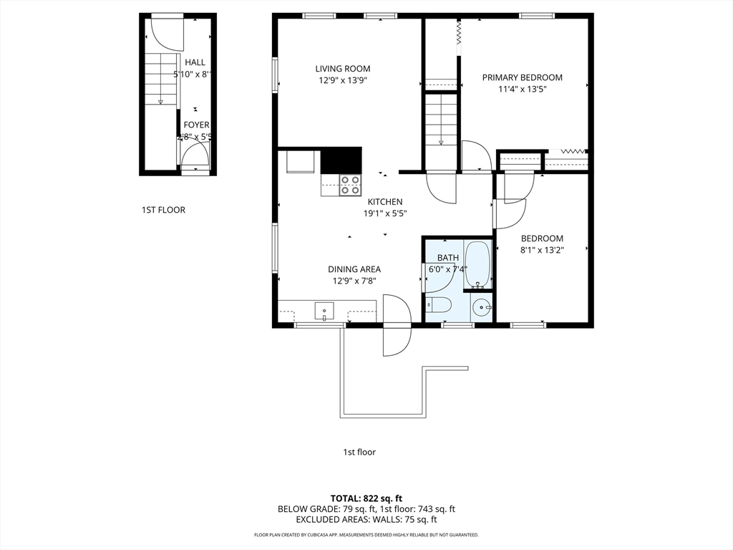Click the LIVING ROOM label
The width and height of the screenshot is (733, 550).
343,69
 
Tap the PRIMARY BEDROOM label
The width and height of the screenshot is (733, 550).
522,77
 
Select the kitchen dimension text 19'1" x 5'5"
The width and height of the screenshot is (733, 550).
385,213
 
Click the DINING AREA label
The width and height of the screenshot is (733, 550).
354,269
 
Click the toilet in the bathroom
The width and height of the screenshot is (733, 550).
439,306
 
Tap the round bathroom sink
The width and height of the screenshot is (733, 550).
482,309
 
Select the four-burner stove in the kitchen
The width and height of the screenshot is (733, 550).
349,185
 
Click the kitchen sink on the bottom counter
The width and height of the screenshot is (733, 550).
324,312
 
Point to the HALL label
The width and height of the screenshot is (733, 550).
195,62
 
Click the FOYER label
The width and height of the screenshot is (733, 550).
196,125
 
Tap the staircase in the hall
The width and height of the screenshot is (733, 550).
161,77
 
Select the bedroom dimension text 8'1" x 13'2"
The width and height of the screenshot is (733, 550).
542,250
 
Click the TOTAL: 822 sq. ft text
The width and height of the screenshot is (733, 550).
366,498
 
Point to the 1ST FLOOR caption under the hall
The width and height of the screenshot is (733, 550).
163,210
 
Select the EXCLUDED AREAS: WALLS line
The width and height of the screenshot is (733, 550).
366,519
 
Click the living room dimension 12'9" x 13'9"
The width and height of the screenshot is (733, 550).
343,81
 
